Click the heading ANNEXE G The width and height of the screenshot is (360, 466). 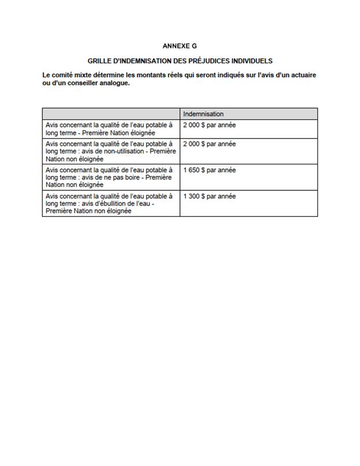point(180,45)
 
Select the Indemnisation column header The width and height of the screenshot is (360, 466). point(203,114)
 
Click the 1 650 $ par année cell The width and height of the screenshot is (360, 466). point(209,170)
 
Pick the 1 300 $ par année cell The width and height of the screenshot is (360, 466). point(209,196)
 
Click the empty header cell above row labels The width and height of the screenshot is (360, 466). point(111,114)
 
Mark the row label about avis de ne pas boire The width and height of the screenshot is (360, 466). point(110,178)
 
